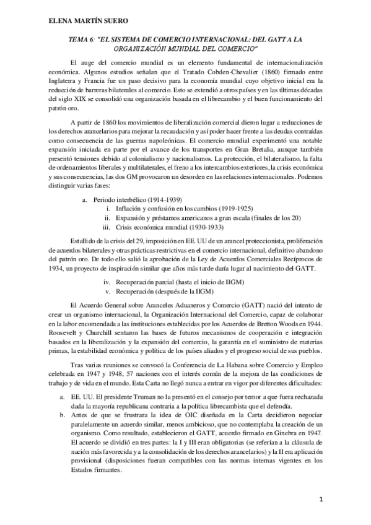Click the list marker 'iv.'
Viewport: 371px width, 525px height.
(107, 280)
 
